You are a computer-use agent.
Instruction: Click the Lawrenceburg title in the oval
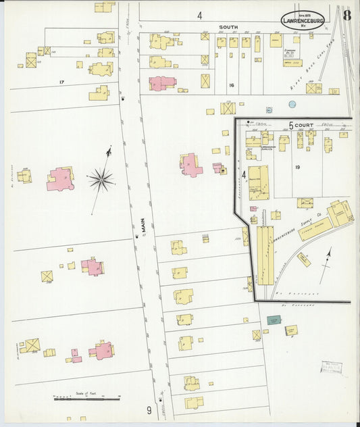(x=302, y=20)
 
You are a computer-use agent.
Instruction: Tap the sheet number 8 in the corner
(x=346, y=16)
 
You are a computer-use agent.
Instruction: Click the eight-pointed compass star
(x=101, y=180)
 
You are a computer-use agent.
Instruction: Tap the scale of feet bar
(x=86, y=399)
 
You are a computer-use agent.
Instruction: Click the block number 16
(x=231, y=85)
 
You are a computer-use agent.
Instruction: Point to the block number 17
(x=61, y=82)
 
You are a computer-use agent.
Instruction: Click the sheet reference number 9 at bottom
(x=149, y=409)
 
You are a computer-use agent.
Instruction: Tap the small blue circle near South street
(x=292, y=104)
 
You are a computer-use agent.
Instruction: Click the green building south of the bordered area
(x=274, y=320)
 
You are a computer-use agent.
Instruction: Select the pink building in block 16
(x=161, y=83)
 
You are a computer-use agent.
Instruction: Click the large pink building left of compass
(x=59, y=178)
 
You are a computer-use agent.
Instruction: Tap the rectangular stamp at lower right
(x=331, y=368)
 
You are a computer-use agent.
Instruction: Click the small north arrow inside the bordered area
(x=326, y=263)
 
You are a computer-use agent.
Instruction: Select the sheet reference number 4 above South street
(x=200, y=15)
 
